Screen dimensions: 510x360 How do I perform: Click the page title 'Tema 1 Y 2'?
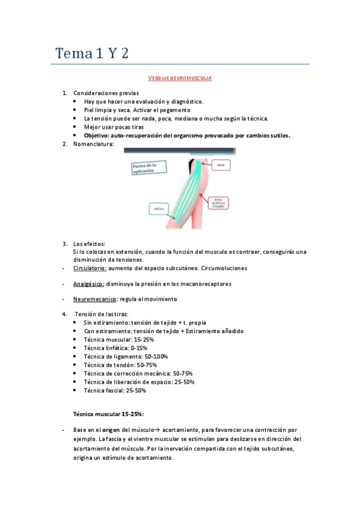point(92,54)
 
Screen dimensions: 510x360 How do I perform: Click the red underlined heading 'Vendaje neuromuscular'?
point(180,78)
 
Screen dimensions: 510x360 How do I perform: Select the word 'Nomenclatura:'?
point(93,144)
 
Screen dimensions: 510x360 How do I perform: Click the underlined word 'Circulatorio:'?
point(90,268)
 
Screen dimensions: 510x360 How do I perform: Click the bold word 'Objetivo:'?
point(97,135)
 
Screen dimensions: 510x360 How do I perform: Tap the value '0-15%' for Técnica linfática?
point(138,348)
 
